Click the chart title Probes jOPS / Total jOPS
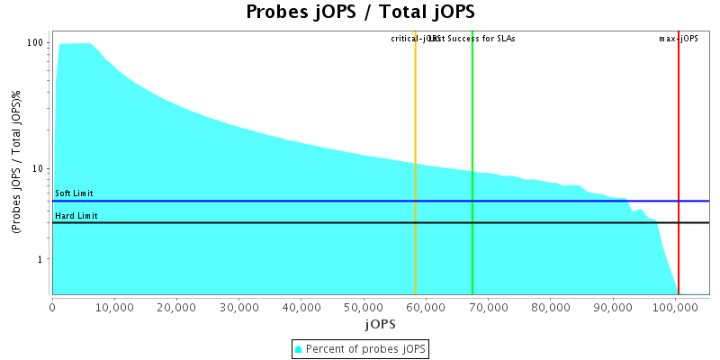point(360,12)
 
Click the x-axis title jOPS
point(380,323)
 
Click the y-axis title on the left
point(15,163)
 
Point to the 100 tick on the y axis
point(36,43)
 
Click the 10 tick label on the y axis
point(39,168)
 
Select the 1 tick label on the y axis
point(41,259)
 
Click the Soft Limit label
point(74,193)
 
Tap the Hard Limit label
point(76,216)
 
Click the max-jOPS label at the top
point(679,39)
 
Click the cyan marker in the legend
point(299,349)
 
